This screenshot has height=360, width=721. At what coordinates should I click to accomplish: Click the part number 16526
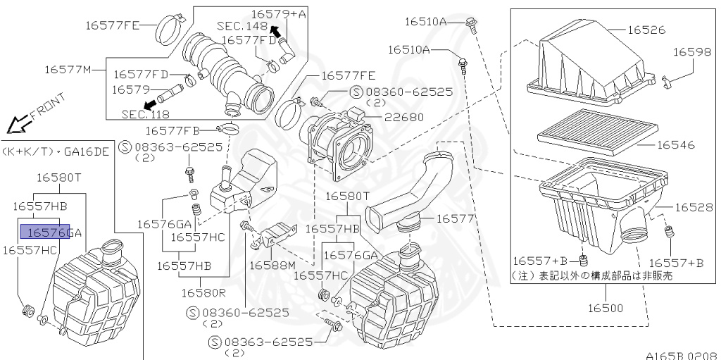pos(646,30)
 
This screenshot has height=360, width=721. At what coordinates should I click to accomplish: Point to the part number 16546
pos(676,145)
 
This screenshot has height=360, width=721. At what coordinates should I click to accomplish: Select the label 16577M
pos(68,69)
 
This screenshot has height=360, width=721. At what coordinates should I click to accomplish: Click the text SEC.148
pos(242,26)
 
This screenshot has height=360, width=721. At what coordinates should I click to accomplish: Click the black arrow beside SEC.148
pos(277,30)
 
